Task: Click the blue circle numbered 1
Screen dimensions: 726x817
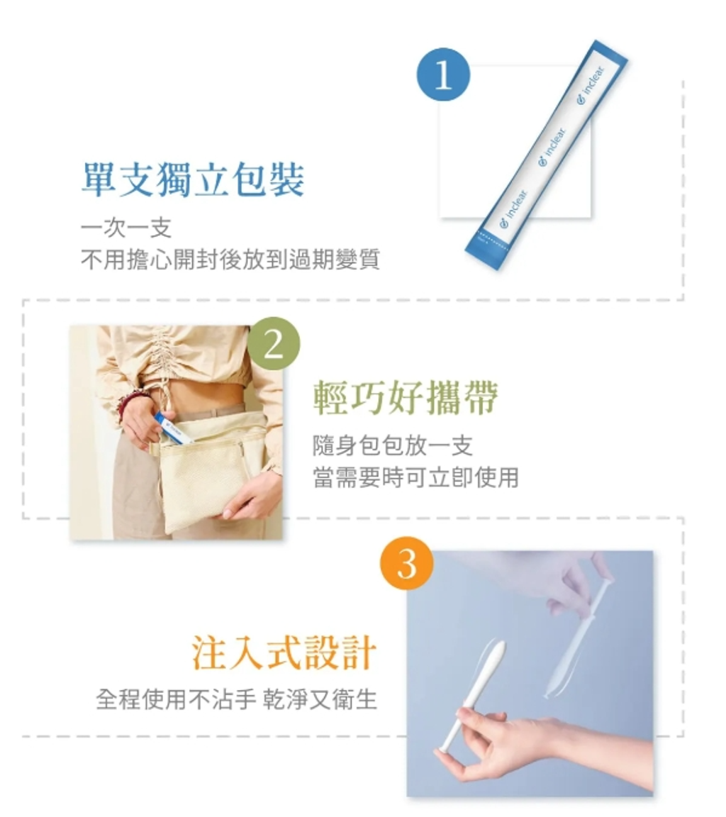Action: point(442,74)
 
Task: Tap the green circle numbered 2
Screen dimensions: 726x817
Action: point(274,344)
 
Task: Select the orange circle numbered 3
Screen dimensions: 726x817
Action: point(407,562)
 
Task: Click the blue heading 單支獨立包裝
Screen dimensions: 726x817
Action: point(193,179)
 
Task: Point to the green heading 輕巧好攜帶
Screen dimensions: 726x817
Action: point(406,398)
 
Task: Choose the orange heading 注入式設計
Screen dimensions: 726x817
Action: point(284,652)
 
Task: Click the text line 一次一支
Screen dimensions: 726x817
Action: point(126,228)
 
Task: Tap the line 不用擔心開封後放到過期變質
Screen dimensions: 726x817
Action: point(230,259)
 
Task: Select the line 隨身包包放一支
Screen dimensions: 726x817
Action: point(393,445)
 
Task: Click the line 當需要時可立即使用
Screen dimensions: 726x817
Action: point(415,477)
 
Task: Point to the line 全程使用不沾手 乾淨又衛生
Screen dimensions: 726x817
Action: point(236,699)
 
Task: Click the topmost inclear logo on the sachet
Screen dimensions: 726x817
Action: point(591,84)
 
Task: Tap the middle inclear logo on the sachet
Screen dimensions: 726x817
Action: point(552,147)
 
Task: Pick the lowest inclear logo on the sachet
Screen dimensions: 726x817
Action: point(513,209)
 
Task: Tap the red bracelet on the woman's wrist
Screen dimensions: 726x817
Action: point(127,404)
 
